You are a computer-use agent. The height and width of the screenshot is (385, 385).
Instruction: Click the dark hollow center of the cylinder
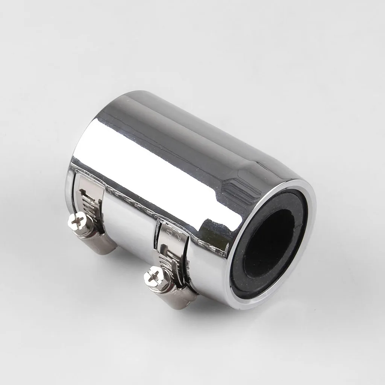pos(273,241)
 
